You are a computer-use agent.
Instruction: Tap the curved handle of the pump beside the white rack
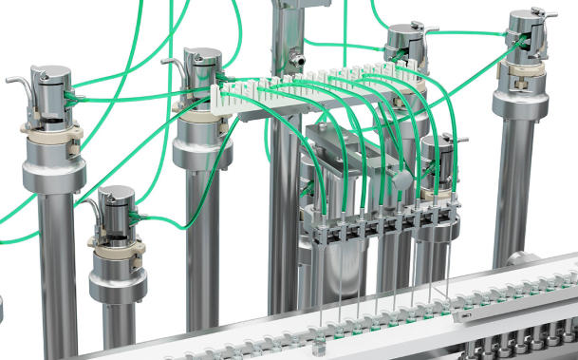[175, 66]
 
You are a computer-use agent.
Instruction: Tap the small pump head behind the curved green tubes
[439, 152]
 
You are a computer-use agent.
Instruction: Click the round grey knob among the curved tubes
[402, 180]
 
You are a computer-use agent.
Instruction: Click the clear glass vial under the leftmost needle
[315, 329]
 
